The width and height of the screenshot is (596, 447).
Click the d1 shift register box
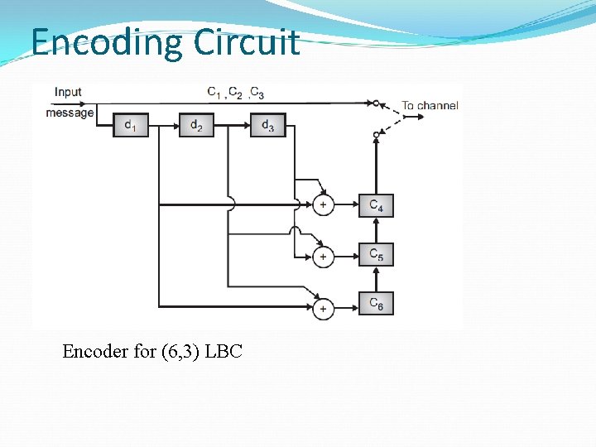coord(131,125)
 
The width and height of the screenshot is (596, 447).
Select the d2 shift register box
coord(196,125)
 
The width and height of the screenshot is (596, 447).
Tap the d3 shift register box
coord(267,125)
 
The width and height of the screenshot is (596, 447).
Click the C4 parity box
coord(376,204)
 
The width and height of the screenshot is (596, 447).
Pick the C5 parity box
coord(376,254)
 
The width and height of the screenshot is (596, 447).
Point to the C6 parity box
coord(376,304)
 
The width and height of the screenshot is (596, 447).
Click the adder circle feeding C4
coord(323,204)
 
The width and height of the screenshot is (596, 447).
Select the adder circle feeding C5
coord(323,257)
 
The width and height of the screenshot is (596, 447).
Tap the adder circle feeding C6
coord(323,309)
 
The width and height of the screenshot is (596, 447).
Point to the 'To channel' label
coord(430,106)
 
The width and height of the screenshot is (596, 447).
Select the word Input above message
coord(68,92)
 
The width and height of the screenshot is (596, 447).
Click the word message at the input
coord(70,113)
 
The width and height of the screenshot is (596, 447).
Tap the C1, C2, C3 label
coord(236,92)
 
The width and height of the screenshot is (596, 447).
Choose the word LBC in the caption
coord(223,351)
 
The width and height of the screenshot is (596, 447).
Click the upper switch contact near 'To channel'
coord(376,103)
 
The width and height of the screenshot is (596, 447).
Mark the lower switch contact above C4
coord(376,134)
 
